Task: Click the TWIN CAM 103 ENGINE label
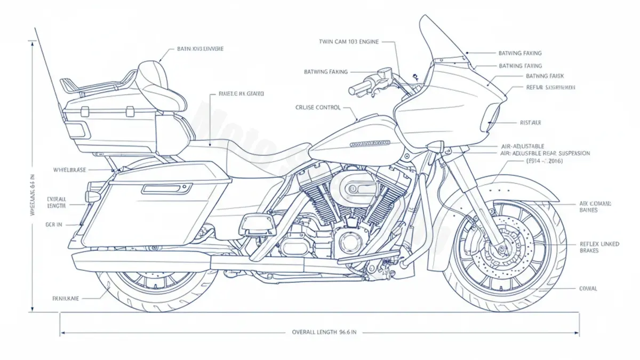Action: tap(349, 42)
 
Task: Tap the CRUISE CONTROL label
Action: tap(318, 107)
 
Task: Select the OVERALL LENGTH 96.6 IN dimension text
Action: tap(324, 332)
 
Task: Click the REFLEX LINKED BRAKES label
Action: tap(599, 247)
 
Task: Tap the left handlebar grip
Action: tap(360, 87)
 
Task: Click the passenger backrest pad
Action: tap(154, 82)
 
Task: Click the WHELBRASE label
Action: tap(69, 170)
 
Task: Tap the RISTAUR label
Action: tap(530, 123)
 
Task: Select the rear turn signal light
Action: tap(93, 196)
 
